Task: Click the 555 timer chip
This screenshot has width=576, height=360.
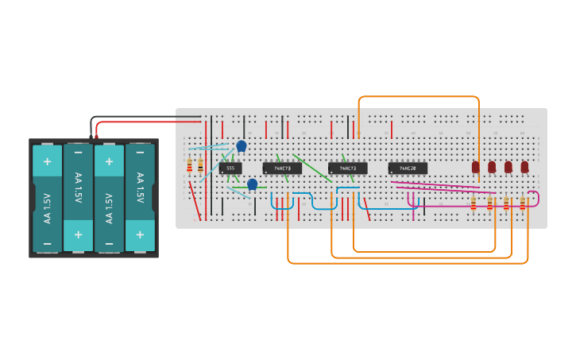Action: pos(230,168)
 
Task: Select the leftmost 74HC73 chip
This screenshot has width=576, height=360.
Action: pos(282,168)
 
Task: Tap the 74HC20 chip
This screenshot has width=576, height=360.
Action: pos(408,168)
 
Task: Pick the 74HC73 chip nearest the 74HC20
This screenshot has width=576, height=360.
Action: pos(347,168)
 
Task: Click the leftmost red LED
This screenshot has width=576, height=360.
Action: pos(476,167)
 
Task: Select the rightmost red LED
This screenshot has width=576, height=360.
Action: pos(524,167)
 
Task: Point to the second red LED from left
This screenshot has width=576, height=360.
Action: pos(492,167)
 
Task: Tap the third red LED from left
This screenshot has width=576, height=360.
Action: pos(508,167)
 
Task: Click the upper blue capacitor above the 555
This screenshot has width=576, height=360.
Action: pos(242,146)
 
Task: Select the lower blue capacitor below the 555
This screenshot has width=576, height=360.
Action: pos(252,184)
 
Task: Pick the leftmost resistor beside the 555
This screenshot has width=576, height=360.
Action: pos(189,165)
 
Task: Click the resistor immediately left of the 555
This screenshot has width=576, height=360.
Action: pos(199,165)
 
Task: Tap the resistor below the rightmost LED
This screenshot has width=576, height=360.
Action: pos(523,203)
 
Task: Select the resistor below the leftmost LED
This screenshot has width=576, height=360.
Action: pos(474,203)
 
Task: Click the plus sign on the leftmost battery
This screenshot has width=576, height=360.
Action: pos(47,161)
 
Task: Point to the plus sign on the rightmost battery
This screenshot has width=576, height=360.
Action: pos(140,234)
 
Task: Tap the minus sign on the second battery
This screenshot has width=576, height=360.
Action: pos(78,152)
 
